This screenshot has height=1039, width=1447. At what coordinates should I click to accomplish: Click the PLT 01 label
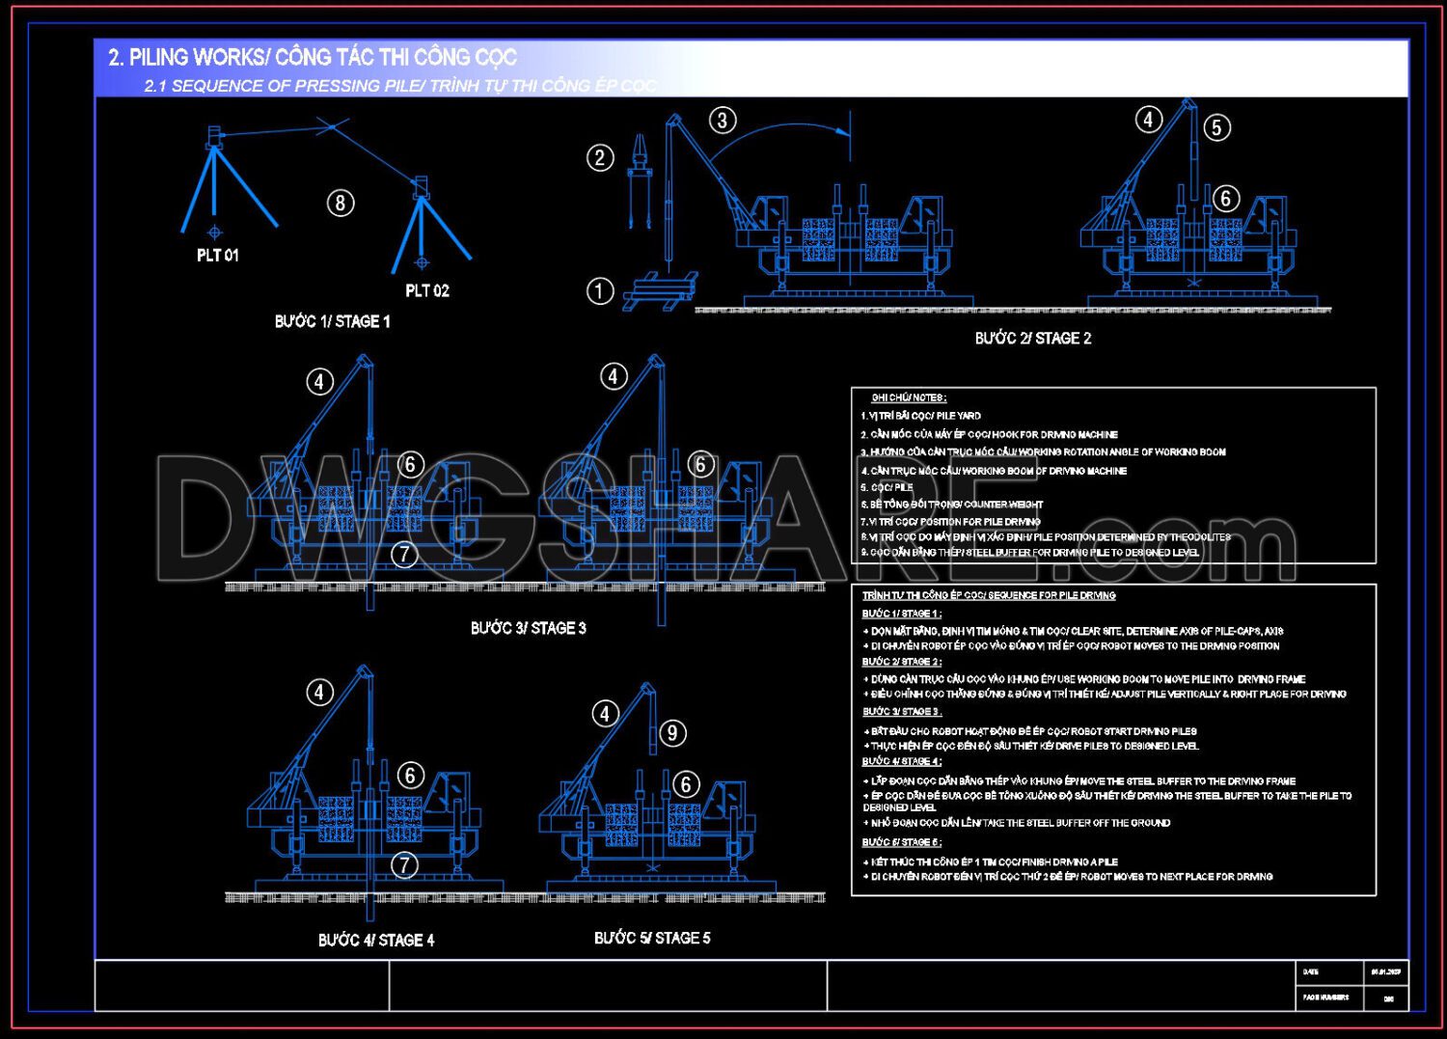coord(217,256)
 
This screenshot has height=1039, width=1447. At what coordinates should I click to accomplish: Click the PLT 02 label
coord(426,290)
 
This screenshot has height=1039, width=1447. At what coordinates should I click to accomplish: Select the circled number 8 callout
coord(340,204)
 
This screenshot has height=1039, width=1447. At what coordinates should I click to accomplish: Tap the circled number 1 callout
coord(599,291)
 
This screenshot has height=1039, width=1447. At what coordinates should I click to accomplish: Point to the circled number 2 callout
coord(600,158)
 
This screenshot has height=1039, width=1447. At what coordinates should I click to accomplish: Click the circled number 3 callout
coord(723,121)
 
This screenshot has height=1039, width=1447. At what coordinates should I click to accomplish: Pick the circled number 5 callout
coord(1216,127)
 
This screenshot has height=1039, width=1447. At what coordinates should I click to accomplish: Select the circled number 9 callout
coord(672,733)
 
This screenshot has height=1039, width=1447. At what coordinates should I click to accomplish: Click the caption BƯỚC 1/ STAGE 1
coord(332,322)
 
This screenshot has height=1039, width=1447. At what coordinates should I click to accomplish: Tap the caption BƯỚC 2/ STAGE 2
coord(1032,339)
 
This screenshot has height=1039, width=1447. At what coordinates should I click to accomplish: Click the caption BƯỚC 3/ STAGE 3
coord(528,628)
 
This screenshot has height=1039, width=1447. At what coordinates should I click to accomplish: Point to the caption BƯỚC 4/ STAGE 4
coord(375,940)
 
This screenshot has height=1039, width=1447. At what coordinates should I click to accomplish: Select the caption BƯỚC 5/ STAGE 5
coord(652,938)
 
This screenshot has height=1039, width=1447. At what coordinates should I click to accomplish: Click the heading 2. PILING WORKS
coord(313,57)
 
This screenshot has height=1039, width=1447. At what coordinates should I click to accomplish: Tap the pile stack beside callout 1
coord(660,289)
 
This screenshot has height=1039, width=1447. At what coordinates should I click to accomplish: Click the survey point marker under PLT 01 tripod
coord(214,232)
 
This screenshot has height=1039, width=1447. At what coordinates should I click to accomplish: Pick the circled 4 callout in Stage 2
coord(1147,120)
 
